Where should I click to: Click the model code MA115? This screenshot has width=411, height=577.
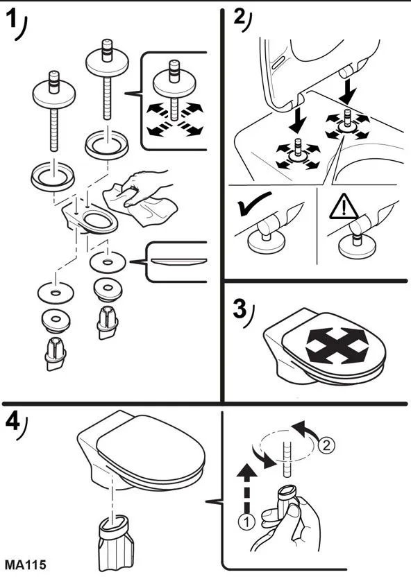pyautogui.click(x=26, y=565)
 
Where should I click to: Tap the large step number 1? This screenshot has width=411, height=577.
pyautogui.click(x=12, y=19)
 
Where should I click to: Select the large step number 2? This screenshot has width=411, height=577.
pyautogui.click(x=240, y=17)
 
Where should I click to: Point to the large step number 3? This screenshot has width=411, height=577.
pyautogui.click(x=240, y=309)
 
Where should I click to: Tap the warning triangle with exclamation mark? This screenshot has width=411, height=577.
pyautogui.click(x=343, y=207)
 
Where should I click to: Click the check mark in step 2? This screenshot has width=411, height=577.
pyautogui.click(x=253, y=203)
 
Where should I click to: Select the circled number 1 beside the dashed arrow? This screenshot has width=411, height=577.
pyautogui.click(x=246, y=522)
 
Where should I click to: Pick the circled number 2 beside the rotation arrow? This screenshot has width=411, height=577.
pyautogui.click(x=326, y=445)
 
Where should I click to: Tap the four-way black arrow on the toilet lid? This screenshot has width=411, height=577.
pyautogui.click(x=337, y=345)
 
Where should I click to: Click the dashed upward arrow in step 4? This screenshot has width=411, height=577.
pyautogui.click(x=246, y=488)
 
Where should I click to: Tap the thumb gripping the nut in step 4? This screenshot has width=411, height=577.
pyautogui.click(x=293, y=513)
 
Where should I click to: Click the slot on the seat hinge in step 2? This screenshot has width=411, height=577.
pyautogui.click(x=278, y=62)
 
